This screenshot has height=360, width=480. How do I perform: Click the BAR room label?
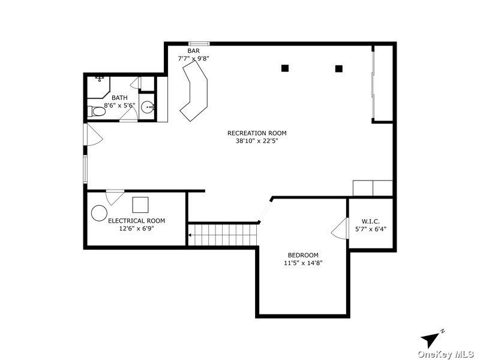coord(193,51)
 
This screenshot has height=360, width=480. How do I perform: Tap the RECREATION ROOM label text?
coord(257,133)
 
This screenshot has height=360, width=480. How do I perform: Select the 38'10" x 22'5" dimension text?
coord(257,141)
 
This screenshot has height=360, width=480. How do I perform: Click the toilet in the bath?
coord(97,112)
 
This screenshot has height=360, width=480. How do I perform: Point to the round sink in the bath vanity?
coord(148,107)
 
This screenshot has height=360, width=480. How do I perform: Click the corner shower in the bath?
coord(98,87)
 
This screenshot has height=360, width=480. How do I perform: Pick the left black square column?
coord(285,68)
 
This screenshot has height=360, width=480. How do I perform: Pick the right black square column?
coord(338,68)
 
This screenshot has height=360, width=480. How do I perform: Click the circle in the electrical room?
coord(99,213)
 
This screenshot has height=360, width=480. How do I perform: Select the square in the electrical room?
coord(140,205)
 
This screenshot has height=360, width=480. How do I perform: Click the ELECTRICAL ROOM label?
coord(137,221)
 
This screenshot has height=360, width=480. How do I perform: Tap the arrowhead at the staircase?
coord(190,235)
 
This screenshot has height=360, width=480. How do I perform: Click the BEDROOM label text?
coord(303,255)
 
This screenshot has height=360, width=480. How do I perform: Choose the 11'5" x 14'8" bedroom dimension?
coord(303,263)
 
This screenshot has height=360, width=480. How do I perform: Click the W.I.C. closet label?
coord(371,221)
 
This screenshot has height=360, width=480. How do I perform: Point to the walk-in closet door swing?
coord(340,229)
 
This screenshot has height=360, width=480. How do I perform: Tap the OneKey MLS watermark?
coord(446,355)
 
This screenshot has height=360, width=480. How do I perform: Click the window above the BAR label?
coord(199,43)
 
